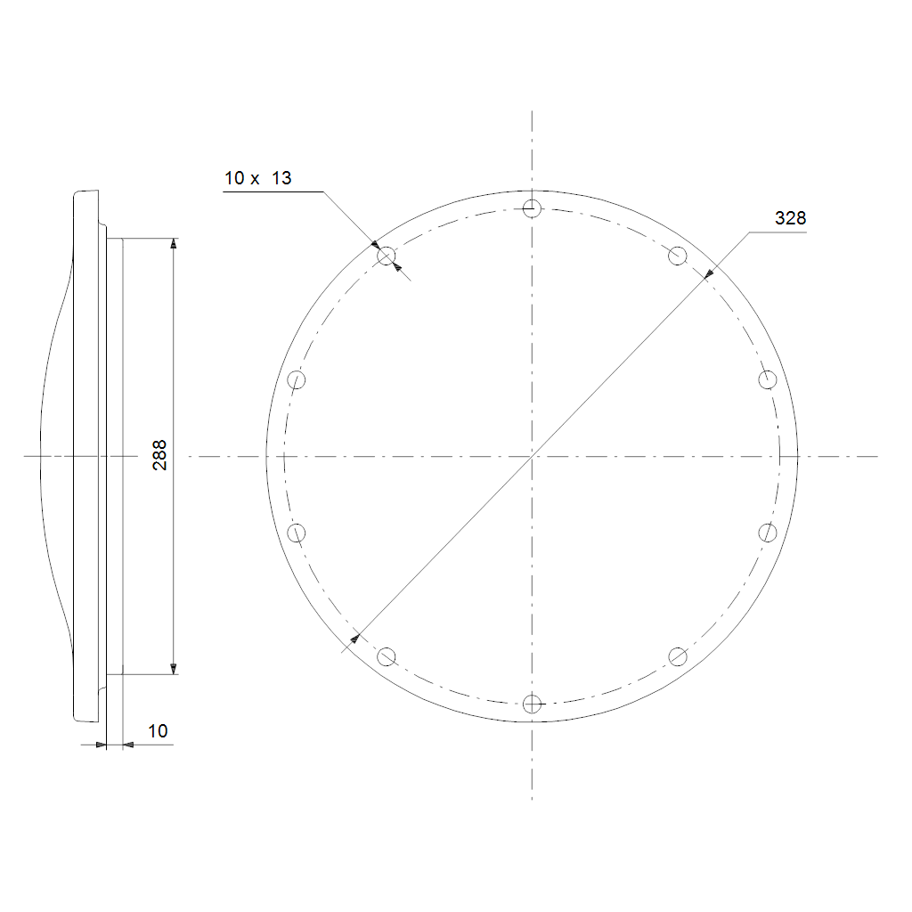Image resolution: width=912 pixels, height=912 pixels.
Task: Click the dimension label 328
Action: coord(790,218)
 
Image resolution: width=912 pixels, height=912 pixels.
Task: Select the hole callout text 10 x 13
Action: coord(257,178)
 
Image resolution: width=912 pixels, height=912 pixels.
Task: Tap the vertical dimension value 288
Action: coord(159,455)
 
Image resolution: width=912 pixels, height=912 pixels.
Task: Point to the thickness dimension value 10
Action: coord(158,731)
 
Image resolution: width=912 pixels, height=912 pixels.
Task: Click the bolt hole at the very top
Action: coord(532,208)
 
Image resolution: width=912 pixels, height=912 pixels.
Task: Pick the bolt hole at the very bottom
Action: coord(532,704)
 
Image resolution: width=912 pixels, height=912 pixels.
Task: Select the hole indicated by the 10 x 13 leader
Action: coord(387,256)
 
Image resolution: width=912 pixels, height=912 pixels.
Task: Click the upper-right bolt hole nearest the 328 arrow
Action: coord(678,256)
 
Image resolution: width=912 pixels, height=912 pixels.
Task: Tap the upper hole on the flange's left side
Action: coord(296,379)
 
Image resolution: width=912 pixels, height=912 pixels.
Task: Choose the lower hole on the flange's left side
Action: coord(296,533)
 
